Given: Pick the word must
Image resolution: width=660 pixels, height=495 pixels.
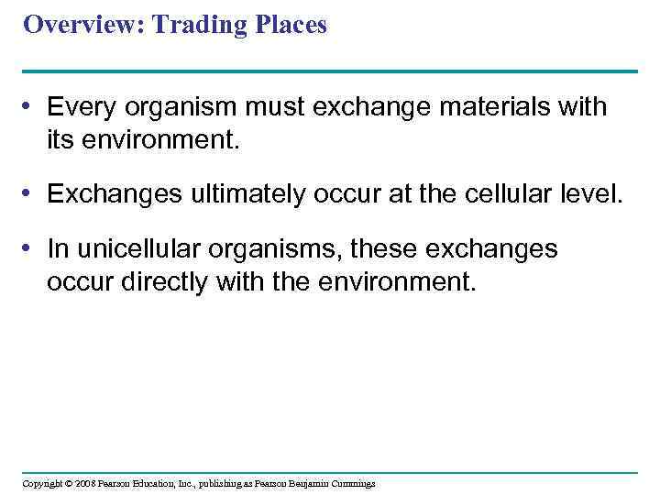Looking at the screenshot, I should [x=277, y=107].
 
